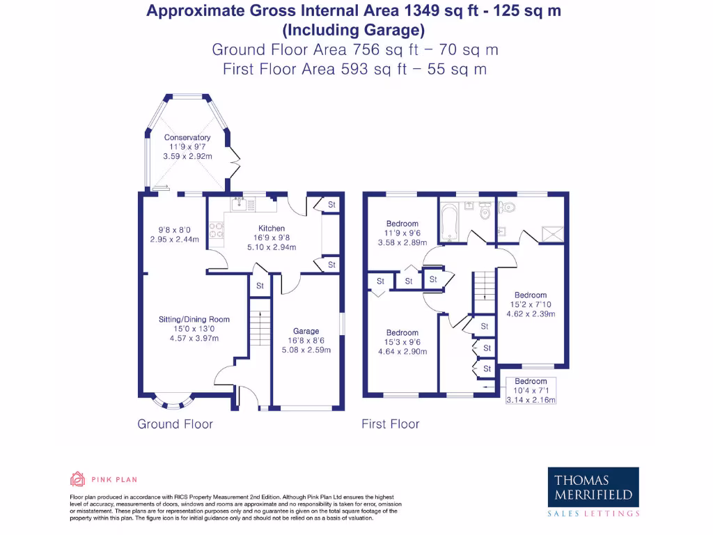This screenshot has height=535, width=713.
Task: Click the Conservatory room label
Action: [187, 138]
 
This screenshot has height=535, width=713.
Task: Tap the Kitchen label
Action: [271, 228]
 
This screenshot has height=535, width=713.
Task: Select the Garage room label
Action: [306, 331]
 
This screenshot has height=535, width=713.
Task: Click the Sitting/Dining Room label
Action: [194, 320]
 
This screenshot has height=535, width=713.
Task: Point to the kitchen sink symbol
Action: [239, 203]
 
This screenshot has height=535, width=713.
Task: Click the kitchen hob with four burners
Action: [215, 229]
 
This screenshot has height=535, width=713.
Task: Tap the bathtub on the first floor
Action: [450, 221]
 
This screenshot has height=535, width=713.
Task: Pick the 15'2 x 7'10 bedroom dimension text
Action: [531, 304]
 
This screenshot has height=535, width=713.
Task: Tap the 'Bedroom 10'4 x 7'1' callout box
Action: [531, 390]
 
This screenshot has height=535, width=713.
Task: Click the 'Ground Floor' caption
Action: [175, 424]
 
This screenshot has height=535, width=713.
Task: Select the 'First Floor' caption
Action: [390, 424]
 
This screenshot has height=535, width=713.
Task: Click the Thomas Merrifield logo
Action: [593, 493]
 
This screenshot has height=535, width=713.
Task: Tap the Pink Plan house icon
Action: [77, 479]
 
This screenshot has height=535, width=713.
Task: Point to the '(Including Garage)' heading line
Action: [353, 30]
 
